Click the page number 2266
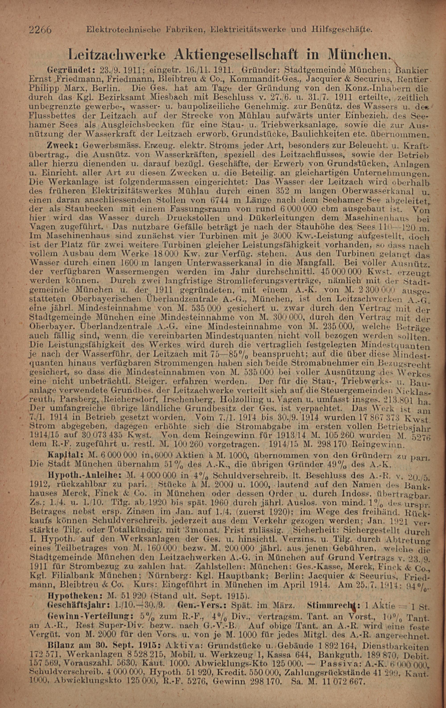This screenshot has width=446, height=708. pyautogui.click(x=41, y=29)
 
